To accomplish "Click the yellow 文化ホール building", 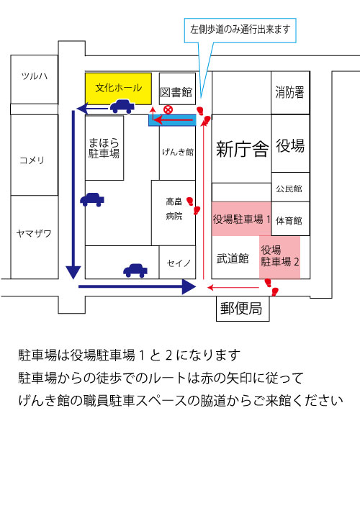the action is click(x=118, y=89).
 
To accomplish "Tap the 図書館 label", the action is click(x=176, y=92).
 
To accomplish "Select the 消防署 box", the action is click(x=290, y=93).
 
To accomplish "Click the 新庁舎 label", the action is click(x=242, y=149).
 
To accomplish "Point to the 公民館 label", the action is click(x=289, y=189).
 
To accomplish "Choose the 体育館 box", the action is click(x=290, y=219).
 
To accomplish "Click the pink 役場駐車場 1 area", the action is click(x=242, y=219).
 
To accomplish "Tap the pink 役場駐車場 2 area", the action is click(x=279, y=257).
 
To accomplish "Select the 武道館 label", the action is click(x=233, y=258).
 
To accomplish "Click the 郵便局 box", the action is click(x=243, y=309).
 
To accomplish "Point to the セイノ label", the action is click(x=179, y=263).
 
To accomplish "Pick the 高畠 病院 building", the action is click(x=174, y=212).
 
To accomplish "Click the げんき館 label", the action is click(x=178, y=152).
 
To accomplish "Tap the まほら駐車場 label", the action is click(x=104, y=148).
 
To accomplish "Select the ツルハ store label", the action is click(x=35, y=76).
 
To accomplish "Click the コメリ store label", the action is click(x=32, y=160).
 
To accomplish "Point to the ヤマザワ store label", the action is click(x=34, y=233).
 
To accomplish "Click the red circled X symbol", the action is click(x=168, y=109).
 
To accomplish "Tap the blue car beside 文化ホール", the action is click(x=122, y=106).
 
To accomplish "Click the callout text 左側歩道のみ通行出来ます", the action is click(x=240, y=30).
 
